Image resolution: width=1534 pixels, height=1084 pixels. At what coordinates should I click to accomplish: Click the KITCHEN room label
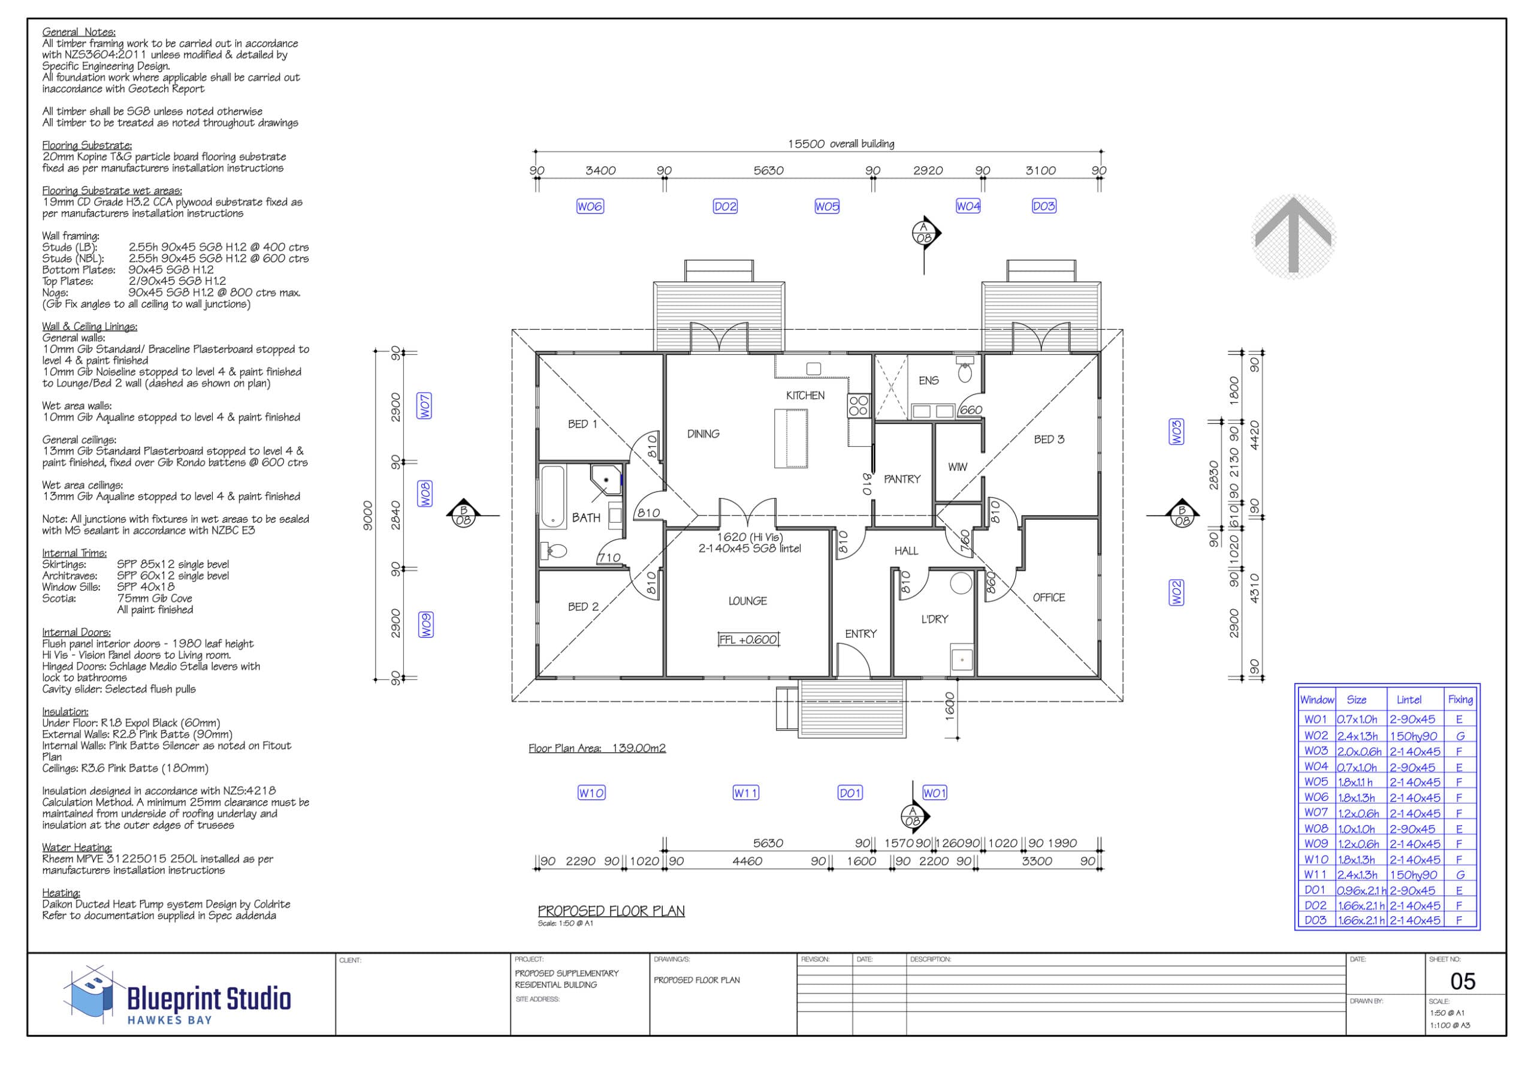click(805, 396)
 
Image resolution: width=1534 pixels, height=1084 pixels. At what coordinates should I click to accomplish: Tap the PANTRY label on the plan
click(902, 479)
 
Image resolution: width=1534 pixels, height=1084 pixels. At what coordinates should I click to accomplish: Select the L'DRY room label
click(935, 619)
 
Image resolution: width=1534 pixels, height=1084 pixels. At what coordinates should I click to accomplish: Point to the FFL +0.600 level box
click(748, 640)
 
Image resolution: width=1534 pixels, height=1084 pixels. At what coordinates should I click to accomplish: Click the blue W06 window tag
click(590, 206)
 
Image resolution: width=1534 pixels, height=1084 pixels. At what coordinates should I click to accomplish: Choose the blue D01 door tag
click(850, 793)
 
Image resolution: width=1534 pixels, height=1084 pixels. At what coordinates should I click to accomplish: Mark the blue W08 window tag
click(425, 494)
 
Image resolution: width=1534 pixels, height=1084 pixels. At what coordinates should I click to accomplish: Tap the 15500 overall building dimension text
click(841, 144)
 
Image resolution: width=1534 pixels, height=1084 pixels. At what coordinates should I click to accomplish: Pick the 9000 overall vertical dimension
click(367, 516)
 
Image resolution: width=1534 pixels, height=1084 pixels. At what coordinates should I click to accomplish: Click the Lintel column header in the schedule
click(1409, 700)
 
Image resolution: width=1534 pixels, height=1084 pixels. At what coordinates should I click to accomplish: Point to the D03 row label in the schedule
click(1315, 920)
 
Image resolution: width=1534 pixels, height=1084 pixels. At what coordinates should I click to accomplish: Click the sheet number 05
click(1463, 981)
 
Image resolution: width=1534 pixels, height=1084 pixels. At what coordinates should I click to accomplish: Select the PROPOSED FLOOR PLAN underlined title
click(611, 911)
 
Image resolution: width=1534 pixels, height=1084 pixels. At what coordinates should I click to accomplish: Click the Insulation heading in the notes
click(65, 712)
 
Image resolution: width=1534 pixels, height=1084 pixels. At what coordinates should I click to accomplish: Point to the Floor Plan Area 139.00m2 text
click(597, 748)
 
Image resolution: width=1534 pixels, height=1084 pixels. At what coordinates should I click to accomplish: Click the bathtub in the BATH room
click(552, 496)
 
